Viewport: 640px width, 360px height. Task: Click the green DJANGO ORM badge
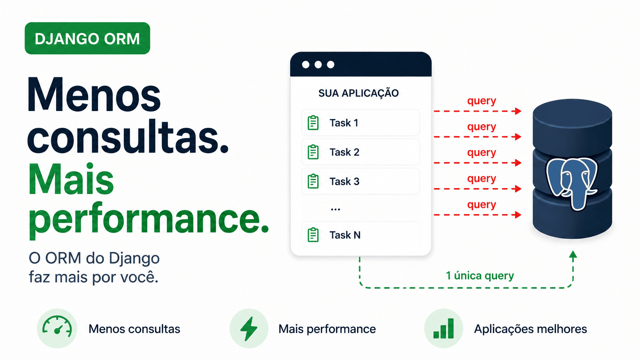87,38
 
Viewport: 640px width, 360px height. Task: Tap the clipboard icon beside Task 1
313,123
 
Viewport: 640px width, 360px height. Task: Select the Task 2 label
344,152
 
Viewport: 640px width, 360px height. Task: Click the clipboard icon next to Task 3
313,181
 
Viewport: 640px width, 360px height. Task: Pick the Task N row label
345,235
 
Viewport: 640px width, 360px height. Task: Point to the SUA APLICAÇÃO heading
359,93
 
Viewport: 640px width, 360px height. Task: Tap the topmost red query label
482,101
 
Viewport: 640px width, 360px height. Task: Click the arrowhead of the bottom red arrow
518,215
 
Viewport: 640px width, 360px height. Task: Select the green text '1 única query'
480,275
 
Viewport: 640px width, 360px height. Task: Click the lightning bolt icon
249,329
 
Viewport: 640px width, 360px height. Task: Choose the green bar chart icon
443,329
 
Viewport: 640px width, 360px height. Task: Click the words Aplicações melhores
531,329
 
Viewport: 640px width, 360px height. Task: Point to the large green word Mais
71,180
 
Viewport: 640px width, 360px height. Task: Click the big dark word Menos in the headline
94,94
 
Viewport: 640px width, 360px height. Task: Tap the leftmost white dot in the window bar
306,65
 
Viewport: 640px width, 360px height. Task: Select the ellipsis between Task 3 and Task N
335,210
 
